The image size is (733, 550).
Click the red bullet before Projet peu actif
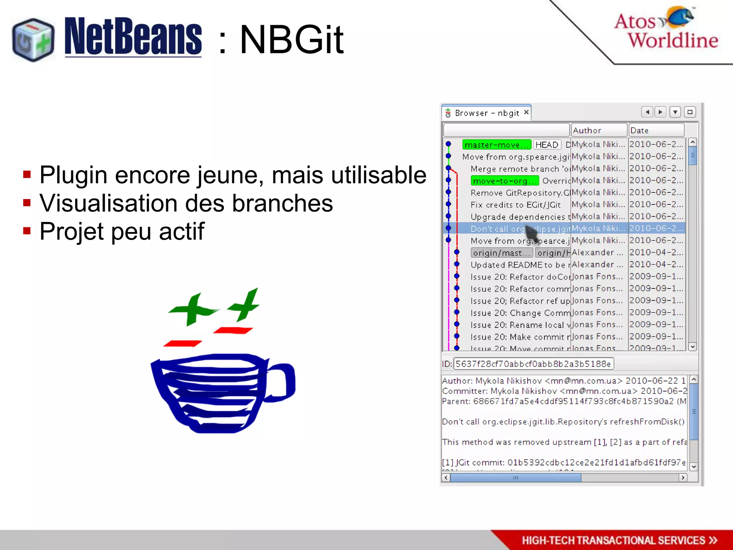(x=27, y=231)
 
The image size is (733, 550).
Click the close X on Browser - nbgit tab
(x=526, y=112)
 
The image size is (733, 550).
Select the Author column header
(x=598, y=130)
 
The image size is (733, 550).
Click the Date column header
(x=656, y=130)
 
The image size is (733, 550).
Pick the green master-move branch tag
(x=496, y=145)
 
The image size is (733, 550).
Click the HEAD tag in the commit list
(x=547, y=145)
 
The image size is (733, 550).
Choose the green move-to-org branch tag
(x=504, y=181)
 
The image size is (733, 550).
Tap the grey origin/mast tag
(x=501, y=253)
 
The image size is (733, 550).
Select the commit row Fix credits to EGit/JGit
(x=515, y=205)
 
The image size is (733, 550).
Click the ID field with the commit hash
(x=533, y=364)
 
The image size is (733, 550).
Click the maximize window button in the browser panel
(x=690, y=112)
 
